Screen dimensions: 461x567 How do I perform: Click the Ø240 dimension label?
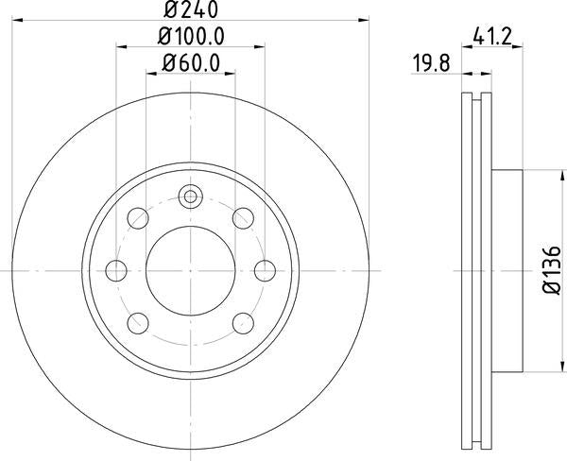tap(190, 12)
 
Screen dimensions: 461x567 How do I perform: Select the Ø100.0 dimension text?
tap(190, 39)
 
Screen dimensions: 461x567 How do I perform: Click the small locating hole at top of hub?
tap(191, 197)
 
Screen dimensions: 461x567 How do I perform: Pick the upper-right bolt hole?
tap(242, 220)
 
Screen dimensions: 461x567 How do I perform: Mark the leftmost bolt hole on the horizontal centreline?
tap(118, 271)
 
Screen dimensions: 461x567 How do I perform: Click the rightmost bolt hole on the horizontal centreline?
tap(264, 271)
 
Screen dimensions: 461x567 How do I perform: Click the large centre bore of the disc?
tap(191, 271)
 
